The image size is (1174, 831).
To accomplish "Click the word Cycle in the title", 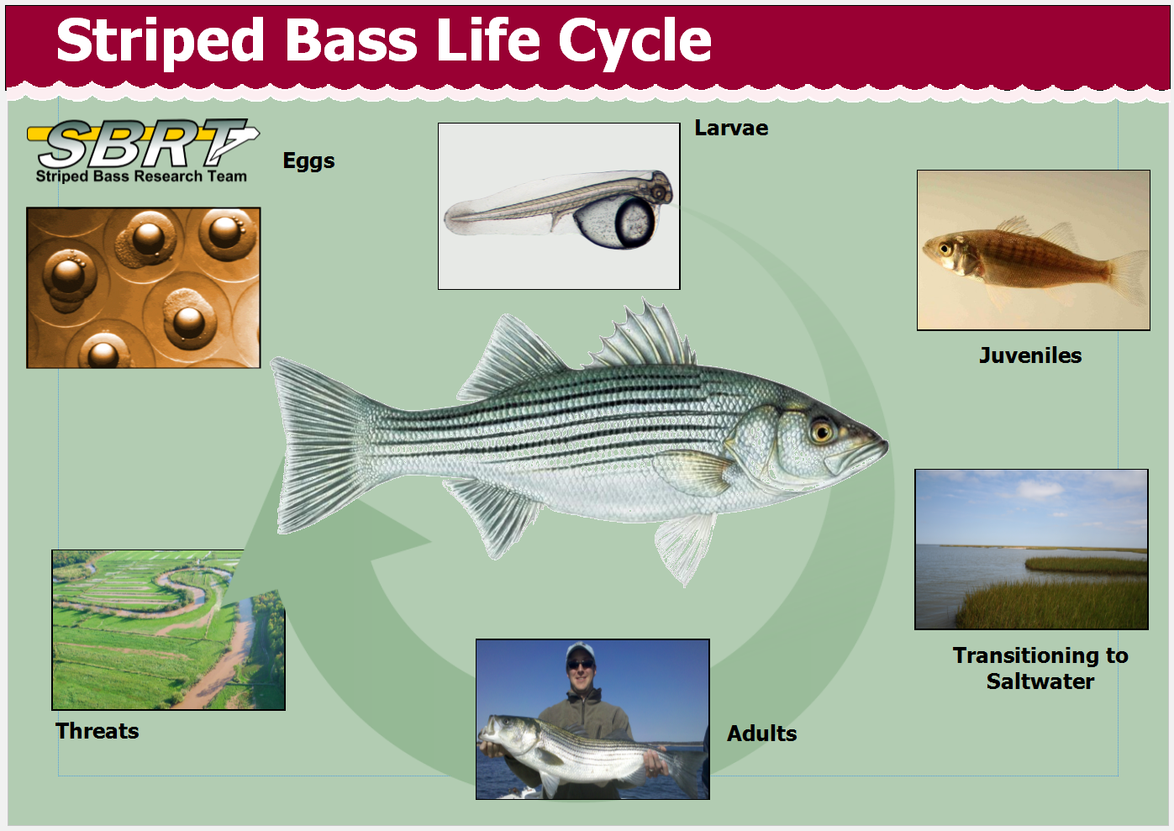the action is click(634, 41).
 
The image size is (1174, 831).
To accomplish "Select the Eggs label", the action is click(308, 160).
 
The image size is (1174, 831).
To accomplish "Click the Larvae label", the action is click(732, 129).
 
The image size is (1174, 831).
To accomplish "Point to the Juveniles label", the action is click(1030, 355).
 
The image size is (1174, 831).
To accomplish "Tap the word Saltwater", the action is click(1040, 681).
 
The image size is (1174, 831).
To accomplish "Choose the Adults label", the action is click(762, 733).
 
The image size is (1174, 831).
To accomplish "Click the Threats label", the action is click(97, 730).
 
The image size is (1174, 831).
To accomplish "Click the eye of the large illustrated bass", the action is click(822, 431).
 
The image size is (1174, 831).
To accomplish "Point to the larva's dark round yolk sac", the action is click(634, 223).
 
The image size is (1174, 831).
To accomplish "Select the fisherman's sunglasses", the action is click(581, 664).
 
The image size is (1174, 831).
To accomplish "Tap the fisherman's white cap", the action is click(581, 650).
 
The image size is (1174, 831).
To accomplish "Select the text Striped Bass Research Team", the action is click(141, 176).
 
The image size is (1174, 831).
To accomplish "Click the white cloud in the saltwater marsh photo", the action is click(1040, 489).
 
